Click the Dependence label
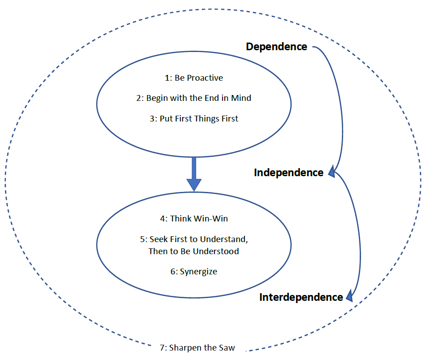click(276, 47)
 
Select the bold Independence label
click(288, 173)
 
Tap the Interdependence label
click(301, 297)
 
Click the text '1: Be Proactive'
click(194, 78)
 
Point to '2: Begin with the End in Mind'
click(194, 98)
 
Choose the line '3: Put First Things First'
click(194, 119)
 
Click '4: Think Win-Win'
click(194, 219)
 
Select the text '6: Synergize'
click(194, 272)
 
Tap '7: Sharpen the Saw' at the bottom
click(197, 347)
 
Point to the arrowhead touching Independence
click(331, 172)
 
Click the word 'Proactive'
click(205, 78)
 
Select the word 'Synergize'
click(198, 272)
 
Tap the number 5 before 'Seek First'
click(142, 239)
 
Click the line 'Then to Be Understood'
click(194, 251)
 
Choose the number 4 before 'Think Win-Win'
click(162, 219)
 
